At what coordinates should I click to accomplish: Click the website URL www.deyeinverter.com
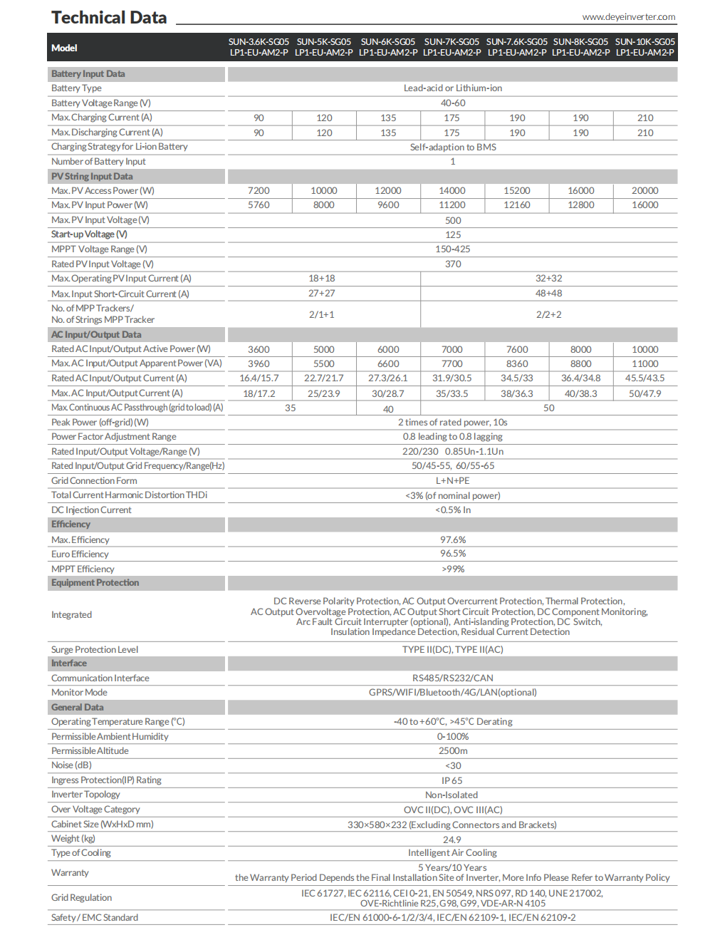(628, 17)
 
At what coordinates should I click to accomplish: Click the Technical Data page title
(109, 18)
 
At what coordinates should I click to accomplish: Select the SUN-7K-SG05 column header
(452, 47)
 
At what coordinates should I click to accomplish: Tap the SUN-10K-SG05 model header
(644, 47)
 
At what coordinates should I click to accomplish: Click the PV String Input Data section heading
(92, 176)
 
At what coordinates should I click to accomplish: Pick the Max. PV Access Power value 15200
(517, 190)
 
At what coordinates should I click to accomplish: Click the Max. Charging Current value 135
(388, 118)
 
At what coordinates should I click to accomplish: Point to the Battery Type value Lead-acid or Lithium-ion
(452, 88)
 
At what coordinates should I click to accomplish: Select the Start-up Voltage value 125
(452, 234)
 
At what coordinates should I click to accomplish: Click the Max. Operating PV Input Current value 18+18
(322, 279)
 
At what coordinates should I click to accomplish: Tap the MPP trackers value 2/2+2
(548, 314)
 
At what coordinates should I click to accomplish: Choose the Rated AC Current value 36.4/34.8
(580, 378)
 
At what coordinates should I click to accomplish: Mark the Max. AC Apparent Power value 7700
(452, 363)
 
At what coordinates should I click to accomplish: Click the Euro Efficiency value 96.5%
(452, 554)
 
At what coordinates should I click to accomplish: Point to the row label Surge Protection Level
(95, 650)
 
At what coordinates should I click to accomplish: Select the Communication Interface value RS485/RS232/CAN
(452, 678)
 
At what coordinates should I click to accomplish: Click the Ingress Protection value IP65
(452, 780)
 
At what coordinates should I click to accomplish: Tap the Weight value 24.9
(452, 840)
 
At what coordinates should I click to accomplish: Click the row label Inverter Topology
(85, 795)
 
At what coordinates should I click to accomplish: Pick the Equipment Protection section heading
(95, 583)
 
